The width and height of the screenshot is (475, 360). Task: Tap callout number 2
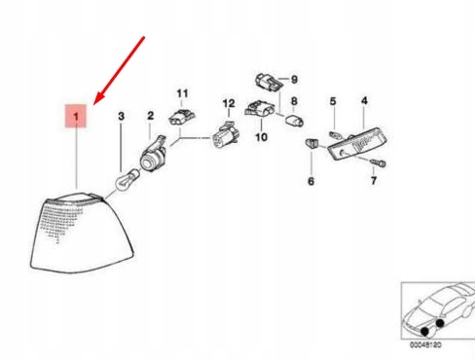coord(151,116)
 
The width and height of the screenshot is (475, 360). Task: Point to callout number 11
coord(180,93)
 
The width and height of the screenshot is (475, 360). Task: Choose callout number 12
coord(229,102)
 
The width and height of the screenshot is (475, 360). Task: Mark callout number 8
coord(294,100)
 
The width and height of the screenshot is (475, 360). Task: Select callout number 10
coord(261,138)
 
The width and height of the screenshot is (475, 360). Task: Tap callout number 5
coord(332,101)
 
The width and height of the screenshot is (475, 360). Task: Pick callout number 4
coord(364,101)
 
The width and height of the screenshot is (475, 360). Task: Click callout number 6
coord(311,182)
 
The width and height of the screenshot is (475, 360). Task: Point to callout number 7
coord(373,181)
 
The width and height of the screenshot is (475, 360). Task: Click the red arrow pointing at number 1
coord(119,69)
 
